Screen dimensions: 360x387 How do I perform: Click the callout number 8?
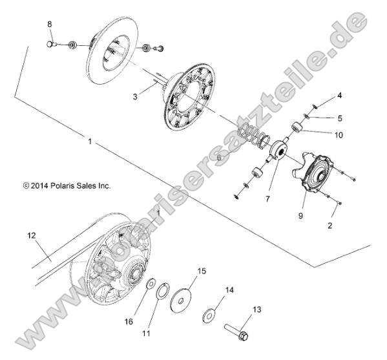pyautogui.click(x=49, y=24)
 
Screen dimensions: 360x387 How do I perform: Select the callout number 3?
pyautogui.click(x=134, y=96)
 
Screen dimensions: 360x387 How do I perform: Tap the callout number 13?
pyautogui.click(x=257, y=310)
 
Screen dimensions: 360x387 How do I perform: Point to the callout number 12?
pyautogui.click(x=30, y=237)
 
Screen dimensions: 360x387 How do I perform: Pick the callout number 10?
pyautogui.click(x=339, y=135)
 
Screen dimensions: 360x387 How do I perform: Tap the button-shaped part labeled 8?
pyautogui.click(x=49, y=44)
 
